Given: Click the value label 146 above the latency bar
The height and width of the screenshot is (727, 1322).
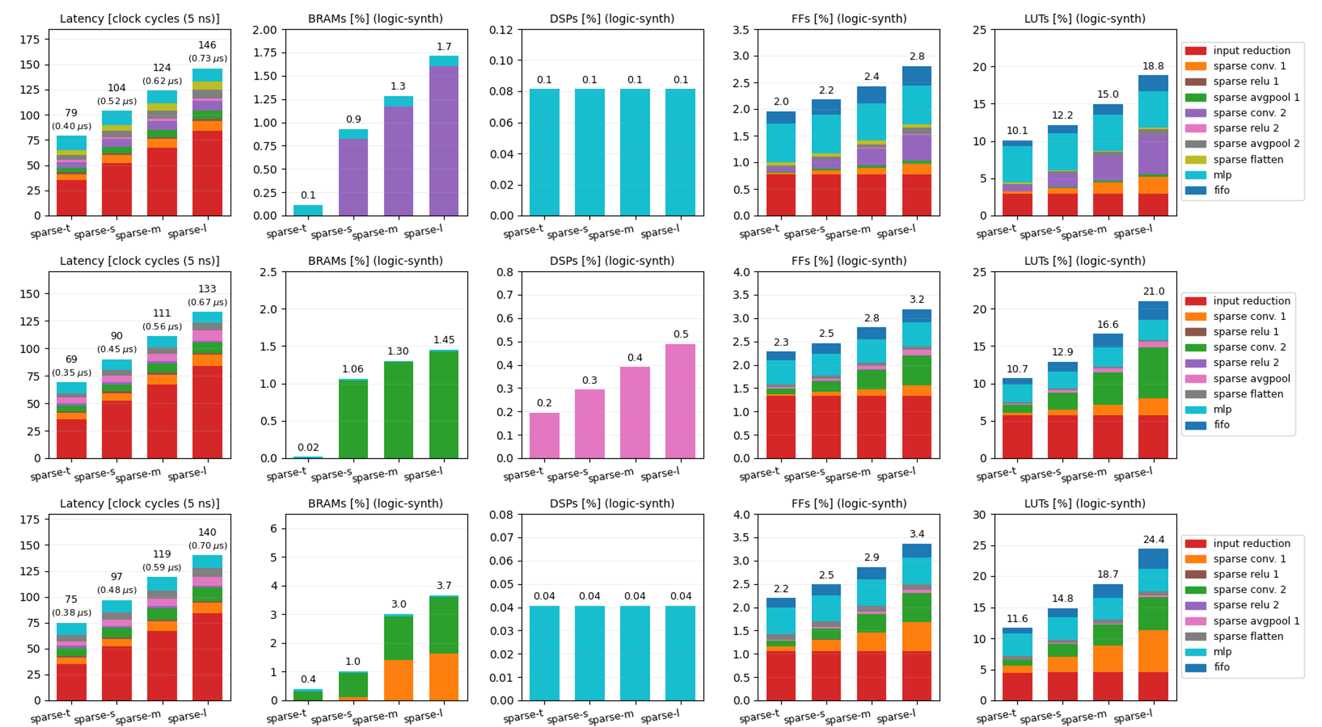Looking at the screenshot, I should [x=207, y=45].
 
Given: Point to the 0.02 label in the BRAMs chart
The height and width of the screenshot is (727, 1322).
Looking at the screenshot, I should [x=308, y=447].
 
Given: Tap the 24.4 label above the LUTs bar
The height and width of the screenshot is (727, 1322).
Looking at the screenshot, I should [x=1153, y=539].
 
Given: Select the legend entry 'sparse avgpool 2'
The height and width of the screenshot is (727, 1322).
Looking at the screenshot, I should [x=1256, y=144].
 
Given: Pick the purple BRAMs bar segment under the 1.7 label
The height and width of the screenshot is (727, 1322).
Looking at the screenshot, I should [x=444, y=140].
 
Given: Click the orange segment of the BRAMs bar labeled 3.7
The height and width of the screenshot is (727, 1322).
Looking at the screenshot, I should [x=444, y=677].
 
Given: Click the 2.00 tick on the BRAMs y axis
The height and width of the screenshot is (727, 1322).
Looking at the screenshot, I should [x=264, y=30].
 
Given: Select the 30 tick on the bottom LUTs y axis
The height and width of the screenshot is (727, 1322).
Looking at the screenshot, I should [x=979, y=515].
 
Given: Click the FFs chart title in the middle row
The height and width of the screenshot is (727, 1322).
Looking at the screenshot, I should [x=849, y=261].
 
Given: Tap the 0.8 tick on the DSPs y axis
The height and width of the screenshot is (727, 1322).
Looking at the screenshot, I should [x=505, y=272].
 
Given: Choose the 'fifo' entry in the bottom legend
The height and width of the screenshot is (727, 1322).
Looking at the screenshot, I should [x=1221, y=667].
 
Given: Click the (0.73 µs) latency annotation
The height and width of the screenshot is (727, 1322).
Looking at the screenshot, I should [x=207, y=59].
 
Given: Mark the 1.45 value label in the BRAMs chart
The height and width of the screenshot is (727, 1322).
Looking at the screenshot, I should [x=444, y=340].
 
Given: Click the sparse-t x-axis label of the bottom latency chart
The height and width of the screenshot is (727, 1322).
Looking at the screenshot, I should [x=50, y=716].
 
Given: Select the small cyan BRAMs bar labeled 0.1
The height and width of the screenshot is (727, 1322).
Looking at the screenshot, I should [x=308, y=210].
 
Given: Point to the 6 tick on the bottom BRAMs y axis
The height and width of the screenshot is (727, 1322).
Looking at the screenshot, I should [x=274, y=528].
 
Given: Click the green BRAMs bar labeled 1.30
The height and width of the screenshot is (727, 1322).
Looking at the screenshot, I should [x=398, y=410].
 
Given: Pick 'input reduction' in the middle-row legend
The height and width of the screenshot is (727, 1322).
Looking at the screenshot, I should [x=1251, y=301].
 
